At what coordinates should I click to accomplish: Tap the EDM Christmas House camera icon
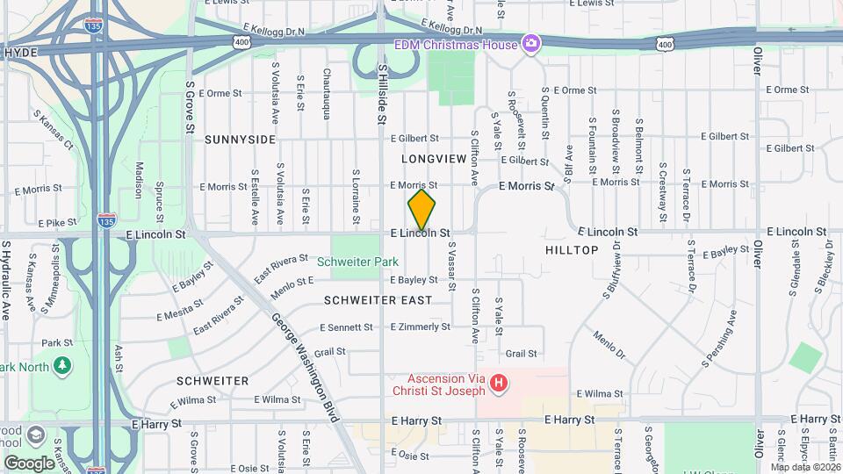click(x=530, y=42)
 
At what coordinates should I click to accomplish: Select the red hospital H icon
click(x=499, y=383)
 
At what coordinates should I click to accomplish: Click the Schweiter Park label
click(x=357, y=261)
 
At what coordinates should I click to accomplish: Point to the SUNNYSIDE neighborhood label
click(x=240, y=140)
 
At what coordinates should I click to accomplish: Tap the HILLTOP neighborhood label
click(x=572, y=250)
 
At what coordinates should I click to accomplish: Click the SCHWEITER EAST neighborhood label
click(x=378, y=300)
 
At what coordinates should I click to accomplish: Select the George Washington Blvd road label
click(x=305, y=368)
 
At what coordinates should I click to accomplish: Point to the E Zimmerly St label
click(x=421, y=327)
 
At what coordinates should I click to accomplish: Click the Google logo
click(x=29, y=463)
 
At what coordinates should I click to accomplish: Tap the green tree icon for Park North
click(x=61, y=364)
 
